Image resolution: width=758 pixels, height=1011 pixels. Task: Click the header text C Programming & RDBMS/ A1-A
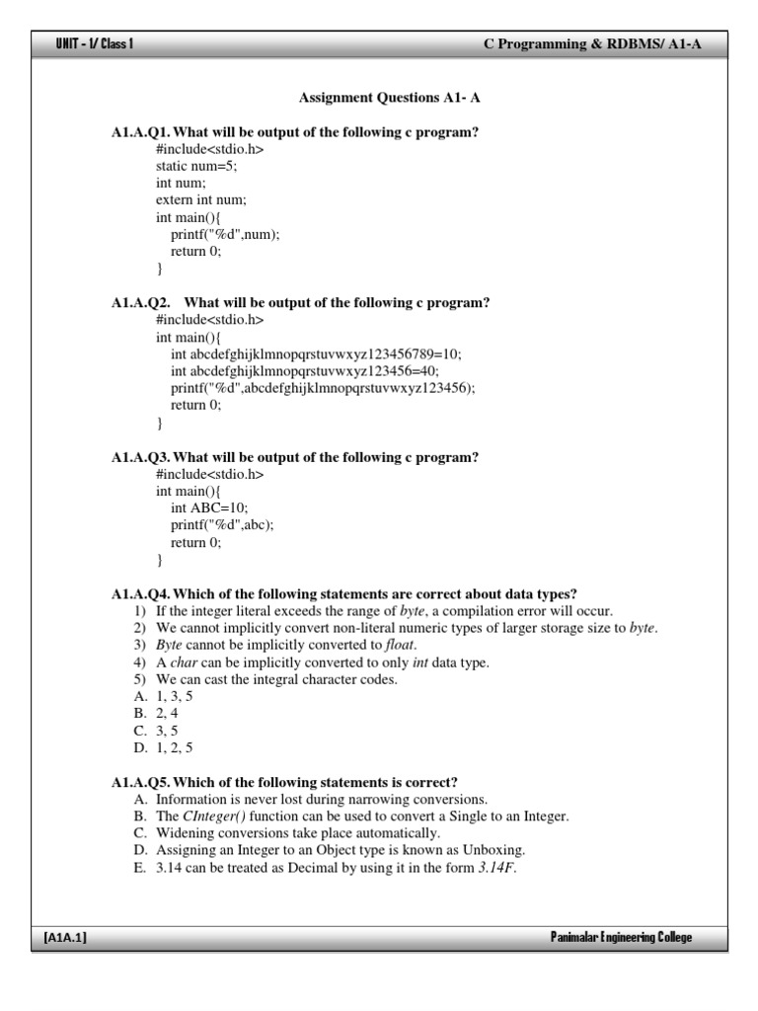pos(592,44)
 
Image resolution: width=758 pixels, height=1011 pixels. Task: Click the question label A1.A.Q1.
pos(141,132)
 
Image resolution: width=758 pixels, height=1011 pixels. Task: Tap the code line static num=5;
pos(196,167)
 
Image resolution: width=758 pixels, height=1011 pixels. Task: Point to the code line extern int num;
pos(201,200)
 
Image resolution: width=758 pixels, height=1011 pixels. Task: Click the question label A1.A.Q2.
pos(141,303)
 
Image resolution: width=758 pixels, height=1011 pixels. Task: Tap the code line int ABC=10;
pos(210,507)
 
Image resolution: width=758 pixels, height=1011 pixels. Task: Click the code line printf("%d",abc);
pos(222,524)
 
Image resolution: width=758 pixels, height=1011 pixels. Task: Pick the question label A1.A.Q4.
pos(141,593)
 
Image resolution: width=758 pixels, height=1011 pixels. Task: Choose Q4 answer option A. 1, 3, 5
pos(164,696)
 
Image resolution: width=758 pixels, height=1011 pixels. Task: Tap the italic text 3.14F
pos(496,868)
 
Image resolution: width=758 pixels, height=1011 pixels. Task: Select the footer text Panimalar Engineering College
pos(621,937)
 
